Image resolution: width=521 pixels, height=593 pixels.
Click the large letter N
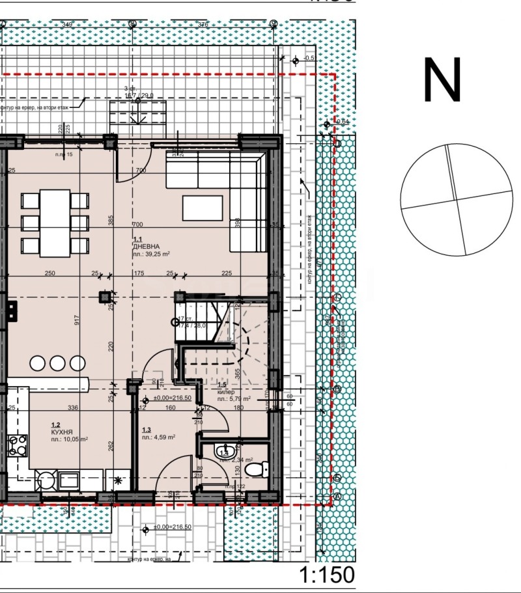pos(442,80)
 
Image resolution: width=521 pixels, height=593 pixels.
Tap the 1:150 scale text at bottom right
pos(327,575)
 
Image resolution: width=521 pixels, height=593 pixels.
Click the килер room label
pos(225,393)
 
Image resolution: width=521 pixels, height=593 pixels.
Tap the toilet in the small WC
pos(261,467)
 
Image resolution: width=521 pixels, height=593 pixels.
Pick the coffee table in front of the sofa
pos(203,208)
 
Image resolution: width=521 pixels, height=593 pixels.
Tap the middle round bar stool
pos(57,363)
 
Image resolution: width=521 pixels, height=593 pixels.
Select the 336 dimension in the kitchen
pos(73,408)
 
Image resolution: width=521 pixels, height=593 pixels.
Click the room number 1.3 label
pos(147,430)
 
